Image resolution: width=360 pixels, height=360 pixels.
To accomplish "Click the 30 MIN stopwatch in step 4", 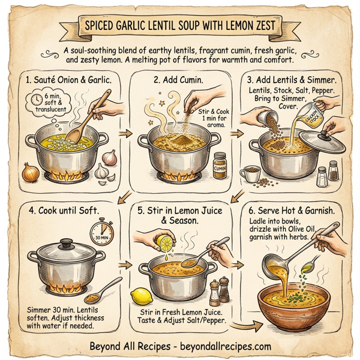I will pyautogui.click(x=102, y=232).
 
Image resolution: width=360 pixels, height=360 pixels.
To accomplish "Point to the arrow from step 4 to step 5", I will pyautogui.click(x=124, y=264).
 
